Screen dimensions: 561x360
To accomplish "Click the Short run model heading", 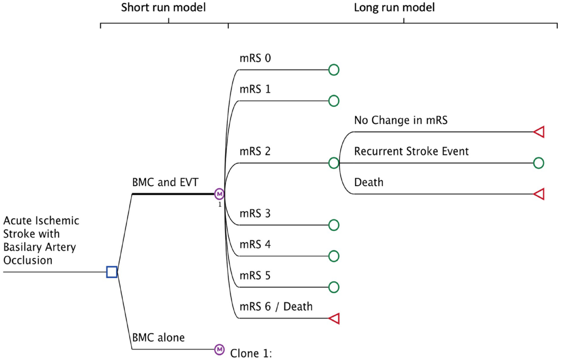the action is (x=163, y=7).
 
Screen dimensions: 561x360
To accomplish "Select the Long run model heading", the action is (x=394, y=7).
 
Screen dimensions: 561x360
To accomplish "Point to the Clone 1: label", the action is (x=251, y=354).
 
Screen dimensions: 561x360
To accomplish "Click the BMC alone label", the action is (x=158, y=337).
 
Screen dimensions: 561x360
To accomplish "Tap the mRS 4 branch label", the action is (x=255, y=244).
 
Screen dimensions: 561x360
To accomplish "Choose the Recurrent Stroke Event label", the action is (x=411, y=151).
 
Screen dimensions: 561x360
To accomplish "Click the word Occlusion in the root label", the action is (x=28, y=260).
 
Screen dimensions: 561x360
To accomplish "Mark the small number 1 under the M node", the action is (x=220, y=205).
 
